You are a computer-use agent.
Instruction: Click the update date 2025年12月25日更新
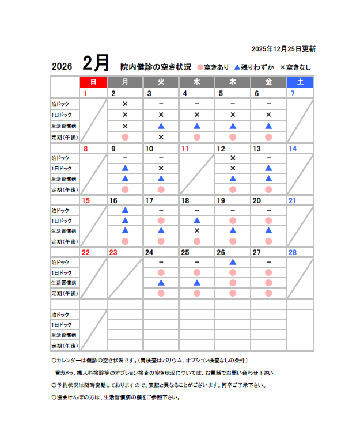283,49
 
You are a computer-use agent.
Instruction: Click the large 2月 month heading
95,63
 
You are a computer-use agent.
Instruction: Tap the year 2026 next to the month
62,66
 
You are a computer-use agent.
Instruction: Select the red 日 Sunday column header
93,82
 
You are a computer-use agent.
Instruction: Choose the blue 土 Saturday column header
300,82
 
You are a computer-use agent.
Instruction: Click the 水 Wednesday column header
196,82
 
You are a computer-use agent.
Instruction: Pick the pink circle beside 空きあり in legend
200,67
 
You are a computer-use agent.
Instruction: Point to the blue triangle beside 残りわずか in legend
237,66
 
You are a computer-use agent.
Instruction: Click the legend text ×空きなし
295,67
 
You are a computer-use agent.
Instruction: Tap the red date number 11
185,149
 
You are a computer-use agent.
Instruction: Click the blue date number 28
292,252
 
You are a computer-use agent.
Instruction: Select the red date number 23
113,252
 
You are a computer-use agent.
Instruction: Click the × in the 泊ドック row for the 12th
233,158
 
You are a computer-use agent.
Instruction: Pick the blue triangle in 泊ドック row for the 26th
233,261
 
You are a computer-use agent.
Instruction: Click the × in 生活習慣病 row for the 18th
196,230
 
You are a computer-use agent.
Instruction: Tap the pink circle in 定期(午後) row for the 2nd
125,137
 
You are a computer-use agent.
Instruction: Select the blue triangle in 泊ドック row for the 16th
125,210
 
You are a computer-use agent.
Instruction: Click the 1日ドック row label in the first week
62,115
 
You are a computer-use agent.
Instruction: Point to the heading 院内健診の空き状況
155,66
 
